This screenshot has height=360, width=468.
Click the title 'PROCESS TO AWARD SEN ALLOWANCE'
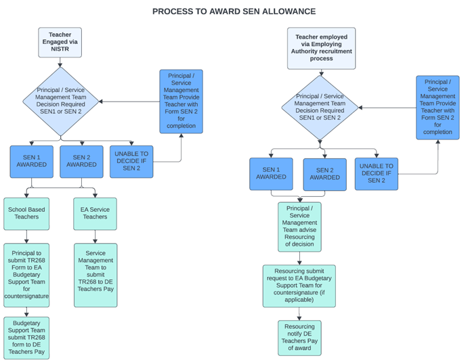click(x=234, y=12)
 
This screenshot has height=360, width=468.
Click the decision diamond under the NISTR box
click(x=60, y=101)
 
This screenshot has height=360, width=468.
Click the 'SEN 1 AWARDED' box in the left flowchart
click(x=32, y=162)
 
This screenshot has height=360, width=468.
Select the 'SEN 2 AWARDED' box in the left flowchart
click(x=81, y=162)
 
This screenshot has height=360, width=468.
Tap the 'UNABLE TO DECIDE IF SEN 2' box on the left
click(x=132, y=162)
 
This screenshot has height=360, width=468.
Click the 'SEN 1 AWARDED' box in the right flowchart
click(x=272, y=174)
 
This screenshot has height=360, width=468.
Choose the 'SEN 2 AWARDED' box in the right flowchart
click(x=324, y=174)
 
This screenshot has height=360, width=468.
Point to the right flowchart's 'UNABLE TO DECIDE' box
click(x=376, y=174)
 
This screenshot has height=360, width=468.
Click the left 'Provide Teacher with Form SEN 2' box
click(x=181, y=102)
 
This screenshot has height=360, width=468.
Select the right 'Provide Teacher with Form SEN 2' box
click(x=438, y=108)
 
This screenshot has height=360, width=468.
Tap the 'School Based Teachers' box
click(x=26, y=215)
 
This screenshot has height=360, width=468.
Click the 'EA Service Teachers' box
click(x=95, y=215)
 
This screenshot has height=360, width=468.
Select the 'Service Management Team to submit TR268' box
click(x=95, y=275)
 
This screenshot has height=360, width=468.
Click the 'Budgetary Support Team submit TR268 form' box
click(x=26, y=336)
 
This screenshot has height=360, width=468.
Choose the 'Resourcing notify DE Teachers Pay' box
click(x=299, y=337)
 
